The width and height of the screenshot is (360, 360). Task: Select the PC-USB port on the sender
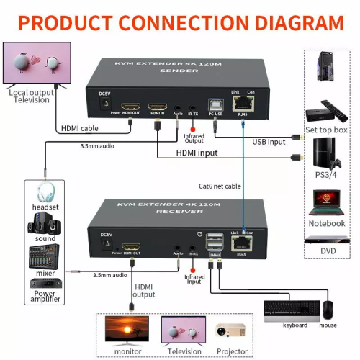(216, 107)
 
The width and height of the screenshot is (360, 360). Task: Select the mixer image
(44, 256)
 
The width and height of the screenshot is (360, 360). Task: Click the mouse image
(328, 310)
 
